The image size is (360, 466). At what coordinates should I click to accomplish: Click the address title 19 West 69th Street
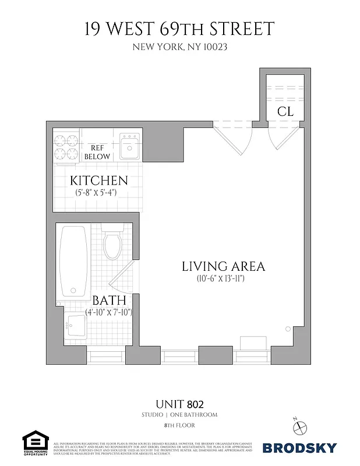click(x=179, y=29)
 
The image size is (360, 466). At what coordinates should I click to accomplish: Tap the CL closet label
click(x=285, y=111)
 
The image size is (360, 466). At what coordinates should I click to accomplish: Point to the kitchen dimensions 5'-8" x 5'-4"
click(x=99, y=192)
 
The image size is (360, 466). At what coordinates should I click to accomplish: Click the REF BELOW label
click(x=97, y=153)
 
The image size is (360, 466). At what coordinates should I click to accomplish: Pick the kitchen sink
click(x=129, y=147)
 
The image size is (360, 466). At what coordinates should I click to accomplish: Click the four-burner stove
click(x=66, y=147)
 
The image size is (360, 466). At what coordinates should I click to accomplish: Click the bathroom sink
click(x=75, y=325)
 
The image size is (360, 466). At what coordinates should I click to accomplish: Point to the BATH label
click(x=110, y=301)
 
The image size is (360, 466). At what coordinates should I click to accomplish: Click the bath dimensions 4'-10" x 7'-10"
click(x=110, y=312)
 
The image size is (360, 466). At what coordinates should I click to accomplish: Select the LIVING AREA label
click(x=223, y=267)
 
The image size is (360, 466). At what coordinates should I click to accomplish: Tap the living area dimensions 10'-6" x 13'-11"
click(x=223, y=279)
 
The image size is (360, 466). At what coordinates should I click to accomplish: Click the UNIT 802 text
click(x=179, y=403)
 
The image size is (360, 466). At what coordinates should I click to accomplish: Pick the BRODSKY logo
click(x=299, y=448)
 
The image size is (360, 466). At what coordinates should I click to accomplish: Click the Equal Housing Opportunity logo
click(x=34, y=443)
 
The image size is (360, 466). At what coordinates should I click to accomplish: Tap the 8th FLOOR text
click(x=179, y=426)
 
